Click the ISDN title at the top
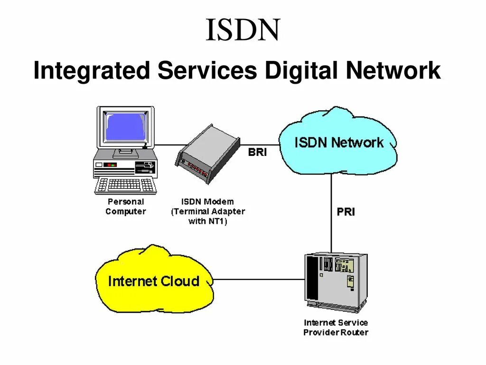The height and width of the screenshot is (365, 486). tap(243, 30)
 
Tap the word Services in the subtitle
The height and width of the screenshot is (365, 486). tap(207, 71)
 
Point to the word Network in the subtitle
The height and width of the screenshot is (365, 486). tap(393, 71)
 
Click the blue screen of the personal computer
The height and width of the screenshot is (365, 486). tap(125, 127)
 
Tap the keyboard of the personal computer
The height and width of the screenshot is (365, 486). tap(125, 185)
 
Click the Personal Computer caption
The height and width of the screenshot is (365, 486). tap(126, 207)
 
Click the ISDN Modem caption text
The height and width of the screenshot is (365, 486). tap(208, 211)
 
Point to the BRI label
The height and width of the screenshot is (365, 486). tap(258, 153)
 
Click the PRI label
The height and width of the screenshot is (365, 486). tap(346, 212)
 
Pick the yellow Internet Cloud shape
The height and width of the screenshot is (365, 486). tap(153, 281)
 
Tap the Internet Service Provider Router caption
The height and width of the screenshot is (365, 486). tap(336, 327)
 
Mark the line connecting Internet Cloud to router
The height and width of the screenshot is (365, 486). tap(259, 279)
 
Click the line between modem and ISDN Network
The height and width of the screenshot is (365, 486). tap(260, 144)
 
